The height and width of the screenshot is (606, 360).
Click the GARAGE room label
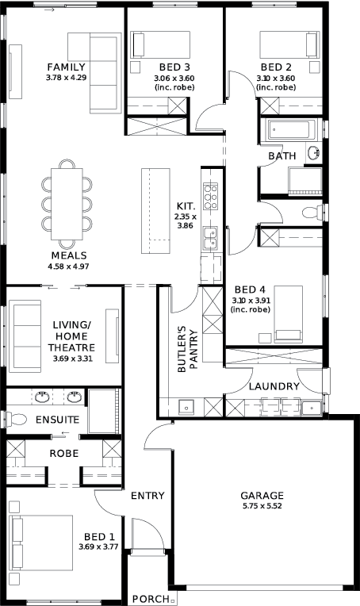(x=262, y=495)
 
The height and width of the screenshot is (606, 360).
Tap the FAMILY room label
(x=66, y=67)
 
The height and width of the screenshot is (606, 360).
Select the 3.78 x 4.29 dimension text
(x=66, y=78)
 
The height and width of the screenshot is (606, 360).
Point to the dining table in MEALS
(x=67, y=204)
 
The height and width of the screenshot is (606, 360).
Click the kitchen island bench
(x=155, y=211)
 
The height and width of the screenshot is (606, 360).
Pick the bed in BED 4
(x=288, y=314)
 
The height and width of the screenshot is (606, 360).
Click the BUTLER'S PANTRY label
(x=187, y=349)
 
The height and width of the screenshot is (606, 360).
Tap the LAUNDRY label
(x=274, y=386)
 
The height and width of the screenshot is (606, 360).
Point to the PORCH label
(x=151, y=599)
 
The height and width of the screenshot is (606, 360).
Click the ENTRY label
(x=147, y=496)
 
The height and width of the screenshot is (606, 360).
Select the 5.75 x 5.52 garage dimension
(x=262, y=506)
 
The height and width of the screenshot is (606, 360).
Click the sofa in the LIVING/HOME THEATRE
(x=25, y=336)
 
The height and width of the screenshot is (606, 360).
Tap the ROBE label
(x=64, y=453)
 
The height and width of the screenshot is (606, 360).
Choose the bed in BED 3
(x=160, y=44)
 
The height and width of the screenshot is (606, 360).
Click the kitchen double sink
(x=211, y=238)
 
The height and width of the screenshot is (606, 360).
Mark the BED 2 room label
(x=276, y=67)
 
